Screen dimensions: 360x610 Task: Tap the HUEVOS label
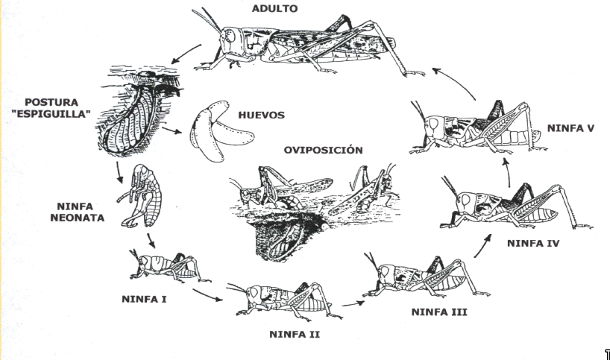262,116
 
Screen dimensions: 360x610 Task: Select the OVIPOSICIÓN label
323,150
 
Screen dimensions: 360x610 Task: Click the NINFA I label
144,300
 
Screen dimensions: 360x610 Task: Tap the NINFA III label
439,311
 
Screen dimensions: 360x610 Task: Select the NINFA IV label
535,243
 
